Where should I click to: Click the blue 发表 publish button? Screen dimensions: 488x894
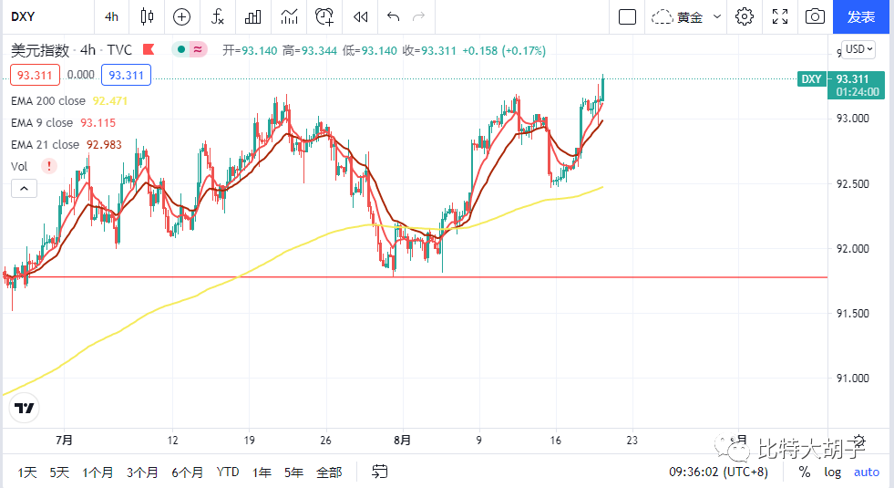pos(861,16)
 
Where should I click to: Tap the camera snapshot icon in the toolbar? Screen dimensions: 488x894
pos(815,16)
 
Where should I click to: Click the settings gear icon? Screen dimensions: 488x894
pos(745,16)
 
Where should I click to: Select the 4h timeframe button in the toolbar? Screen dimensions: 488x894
pos(111,16)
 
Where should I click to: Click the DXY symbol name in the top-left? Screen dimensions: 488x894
pos(23,16)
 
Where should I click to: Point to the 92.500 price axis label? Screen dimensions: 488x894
pos(854,183)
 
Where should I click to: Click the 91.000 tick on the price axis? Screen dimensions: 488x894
pos(854,378)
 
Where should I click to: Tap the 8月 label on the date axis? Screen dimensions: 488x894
pos(402,440)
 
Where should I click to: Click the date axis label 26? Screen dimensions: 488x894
pos(326,440)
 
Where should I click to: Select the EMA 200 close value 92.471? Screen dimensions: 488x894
pos(109,100)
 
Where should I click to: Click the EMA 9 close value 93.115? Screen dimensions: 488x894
pos(98,122)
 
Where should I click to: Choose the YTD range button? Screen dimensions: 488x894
pos(228,472)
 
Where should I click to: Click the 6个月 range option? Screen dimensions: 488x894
pos(187,472)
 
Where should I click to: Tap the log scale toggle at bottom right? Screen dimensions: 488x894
pos(833,472)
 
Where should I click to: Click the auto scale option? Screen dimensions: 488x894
pos(866,472)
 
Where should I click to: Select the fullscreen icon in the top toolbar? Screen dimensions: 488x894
pos(780,16)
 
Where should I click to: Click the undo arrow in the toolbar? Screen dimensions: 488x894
pos(393,16)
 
